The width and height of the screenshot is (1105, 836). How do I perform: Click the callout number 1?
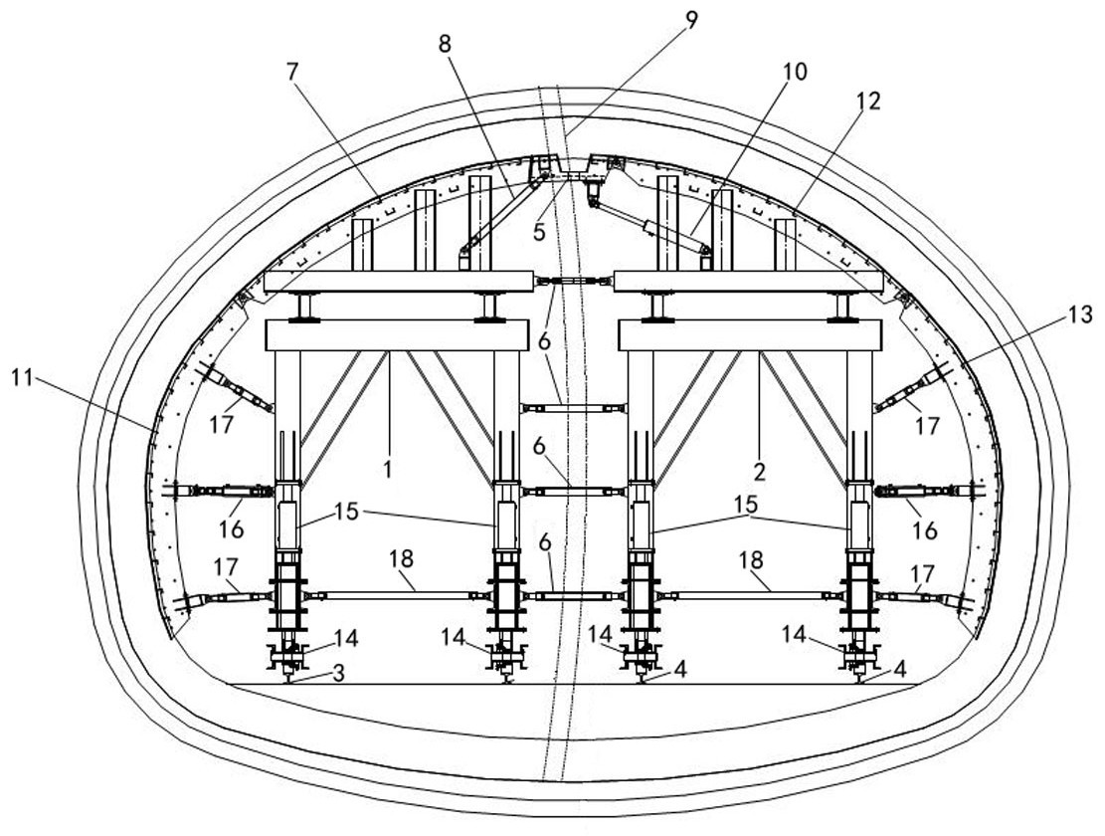[x=388, y=469]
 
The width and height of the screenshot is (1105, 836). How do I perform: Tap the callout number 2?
[x=759, y=471]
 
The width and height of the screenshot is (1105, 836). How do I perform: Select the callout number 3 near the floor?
[x=338, y=673]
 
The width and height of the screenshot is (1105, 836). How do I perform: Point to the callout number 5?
[x=539, y=231]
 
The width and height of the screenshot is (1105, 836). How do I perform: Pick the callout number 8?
[x=445, y=44]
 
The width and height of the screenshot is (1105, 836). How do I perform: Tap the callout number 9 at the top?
[x=691, y=20]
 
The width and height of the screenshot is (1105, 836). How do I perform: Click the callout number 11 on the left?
[x=23, y=378]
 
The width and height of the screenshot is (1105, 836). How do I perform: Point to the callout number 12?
[x=869, y=101]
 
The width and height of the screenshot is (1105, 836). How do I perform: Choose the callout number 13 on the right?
[x=1079, y=314]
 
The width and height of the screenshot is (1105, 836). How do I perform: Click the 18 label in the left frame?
[x=401, y=559]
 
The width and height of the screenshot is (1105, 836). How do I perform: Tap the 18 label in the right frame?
[x=752, y=560]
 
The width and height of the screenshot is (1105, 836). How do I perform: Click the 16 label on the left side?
[x=231, y=527]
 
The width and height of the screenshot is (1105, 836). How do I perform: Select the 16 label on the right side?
[x=925, y=529]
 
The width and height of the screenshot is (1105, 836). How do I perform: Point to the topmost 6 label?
[x=544, y=341]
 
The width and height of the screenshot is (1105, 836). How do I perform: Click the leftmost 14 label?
[x=346, y=639]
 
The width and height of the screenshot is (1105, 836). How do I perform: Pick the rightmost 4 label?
[x=899, y=668]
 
